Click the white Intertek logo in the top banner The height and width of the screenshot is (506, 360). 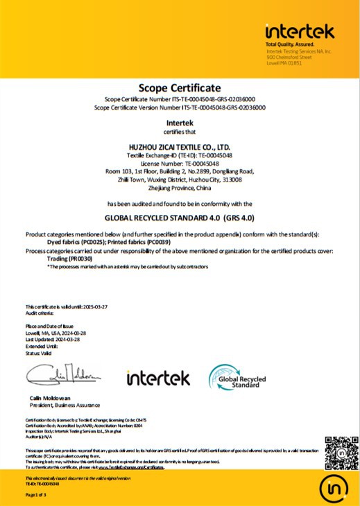point(300,32)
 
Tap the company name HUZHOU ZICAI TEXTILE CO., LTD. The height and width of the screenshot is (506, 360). point(180,148)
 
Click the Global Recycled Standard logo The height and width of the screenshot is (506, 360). point(238,378)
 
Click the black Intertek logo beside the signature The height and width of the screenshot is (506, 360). point(157,378)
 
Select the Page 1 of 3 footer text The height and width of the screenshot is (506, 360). point(35,494)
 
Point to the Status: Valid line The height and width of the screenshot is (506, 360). point(39,354)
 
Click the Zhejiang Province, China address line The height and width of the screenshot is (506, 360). point(180,187)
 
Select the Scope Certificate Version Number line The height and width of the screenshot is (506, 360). point(180,107)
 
